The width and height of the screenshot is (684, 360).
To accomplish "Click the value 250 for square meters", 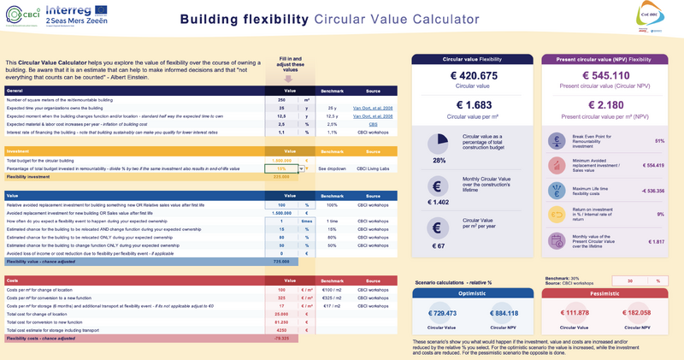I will tap(281, 100).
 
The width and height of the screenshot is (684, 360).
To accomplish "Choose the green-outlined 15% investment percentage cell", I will tap(281, 169).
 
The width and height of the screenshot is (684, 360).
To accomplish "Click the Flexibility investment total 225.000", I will tap(281, 177).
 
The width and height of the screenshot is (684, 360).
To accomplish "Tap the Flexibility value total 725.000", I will tap(281, 261).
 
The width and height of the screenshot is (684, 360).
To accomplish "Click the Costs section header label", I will tap(13, 280).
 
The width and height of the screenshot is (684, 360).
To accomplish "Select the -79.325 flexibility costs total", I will tap(281, 338).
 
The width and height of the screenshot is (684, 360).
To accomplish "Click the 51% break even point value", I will tap(658, 140).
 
